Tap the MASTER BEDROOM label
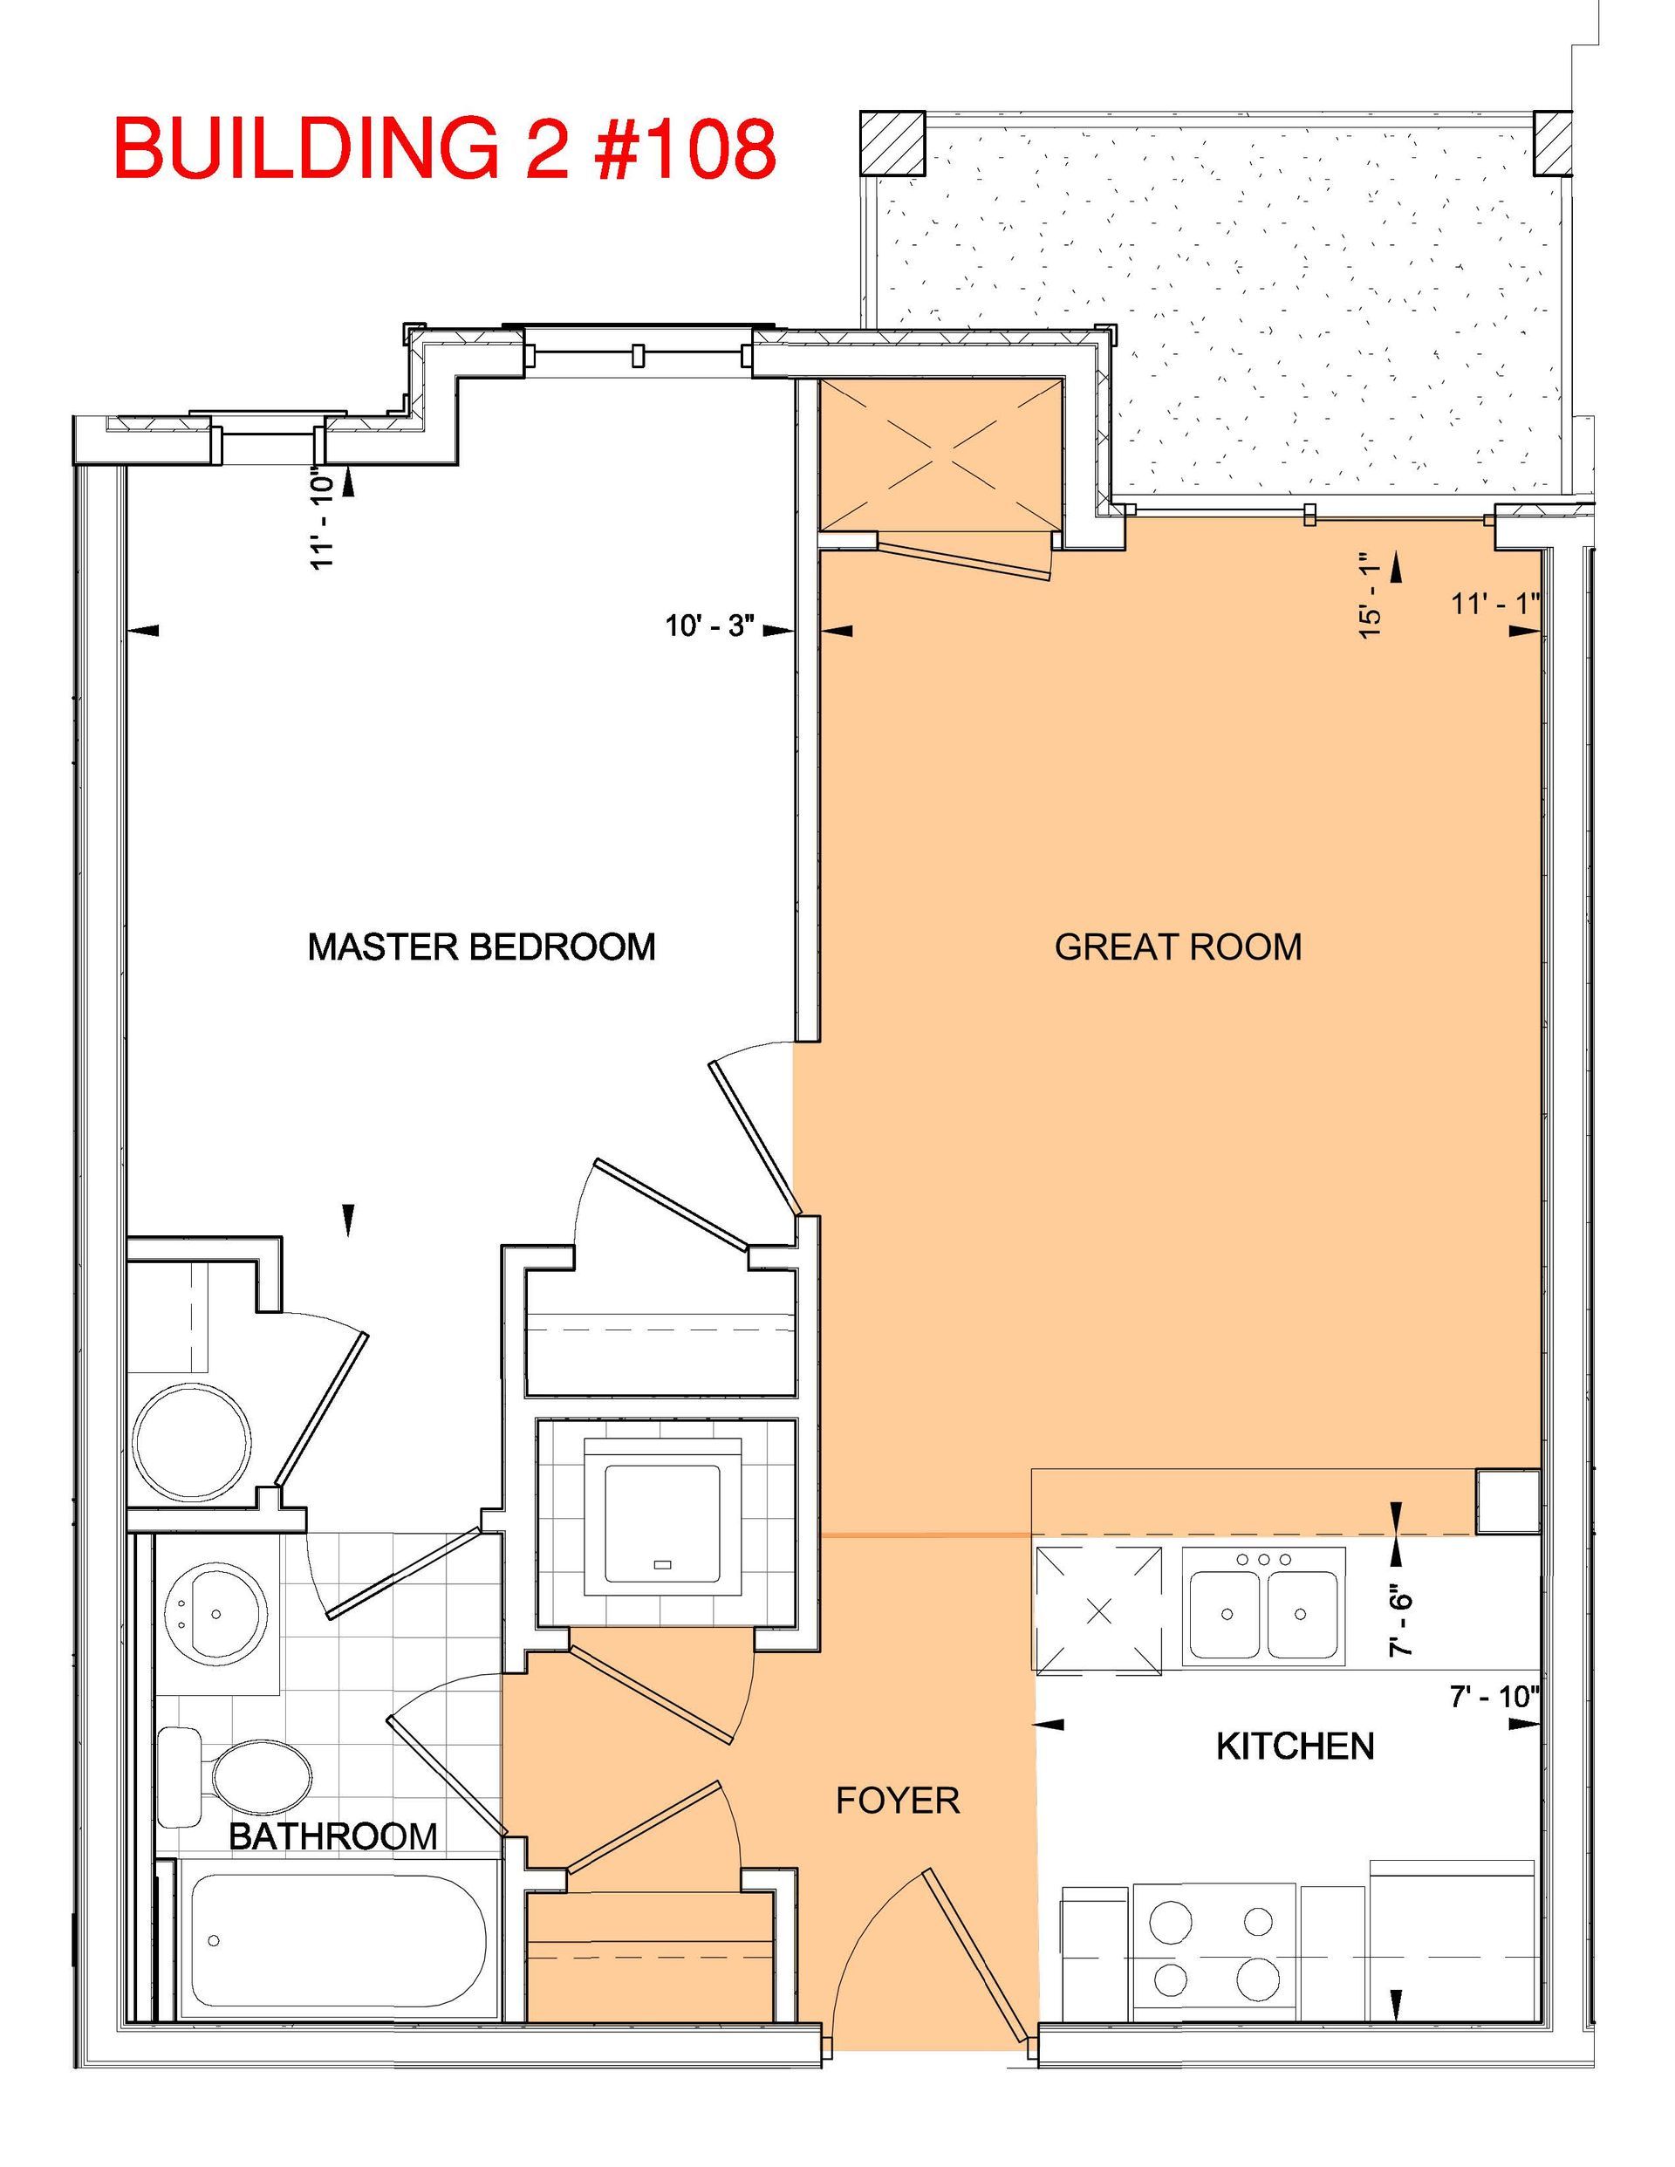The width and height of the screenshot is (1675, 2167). [x=482, y=947]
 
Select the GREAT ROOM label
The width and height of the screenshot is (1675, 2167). [x=1178, y=947]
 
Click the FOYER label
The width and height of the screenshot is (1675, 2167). [x=898, y=1800]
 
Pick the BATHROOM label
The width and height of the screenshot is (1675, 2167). [x=333, y=1835]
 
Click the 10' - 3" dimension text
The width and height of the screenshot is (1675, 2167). [x=710, y=627]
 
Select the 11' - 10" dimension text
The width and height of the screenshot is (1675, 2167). [x=323, y=518]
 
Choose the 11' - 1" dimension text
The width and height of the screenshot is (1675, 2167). [x=1495, y=604]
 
